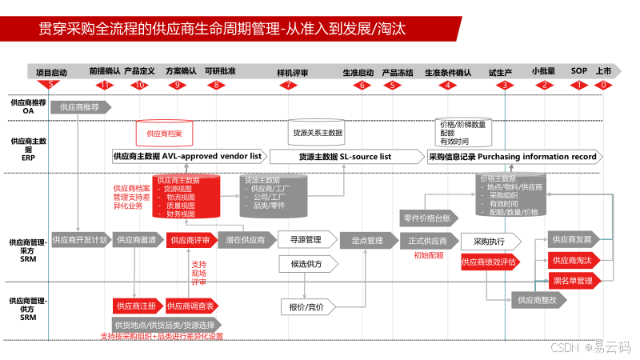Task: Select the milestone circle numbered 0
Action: [604, 85]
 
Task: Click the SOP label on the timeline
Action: [578, 71]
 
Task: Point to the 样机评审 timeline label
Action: [292, 72]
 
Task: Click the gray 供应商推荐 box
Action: [81, 106]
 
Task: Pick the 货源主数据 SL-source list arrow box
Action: [345, 156]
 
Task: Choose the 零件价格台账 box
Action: [431, 218]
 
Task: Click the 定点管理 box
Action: [367, 239]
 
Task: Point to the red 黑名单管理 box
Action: [573, 281]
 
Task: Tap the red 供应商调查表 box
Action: [192, 306]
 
